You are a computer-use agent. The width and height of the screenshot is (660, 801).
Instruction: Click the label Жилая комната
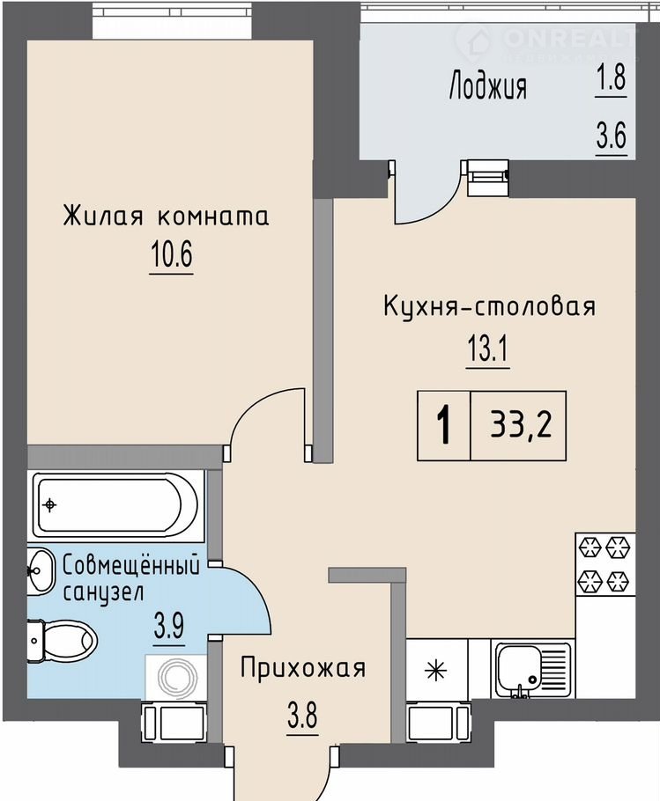[x=167, y=216]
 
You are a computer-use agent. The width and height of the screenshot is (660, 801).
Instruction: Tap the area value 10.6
[x=171, y=254]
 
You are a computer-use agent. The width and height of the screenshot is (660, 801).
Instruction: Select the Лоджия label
[x=487, y=86]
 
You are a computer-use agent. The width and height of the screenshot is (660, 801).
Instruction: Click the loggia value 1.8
[x=611, y=77]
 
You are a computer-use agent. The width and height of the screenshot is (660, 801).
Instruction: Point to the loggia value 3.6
[x=611, y=135]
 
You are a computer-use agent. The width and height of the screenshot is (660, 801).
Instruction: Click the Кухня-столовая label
[x=489, y=307]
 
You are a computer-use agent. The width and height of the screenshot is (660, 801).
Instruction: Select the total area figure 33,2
[x=521, y=425]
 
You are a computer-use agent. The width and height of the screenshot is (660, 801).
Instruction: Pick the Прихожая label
[x=303, y=668]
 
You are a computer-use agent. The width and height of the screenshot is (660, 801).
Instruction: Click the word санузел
[x=103, y=592]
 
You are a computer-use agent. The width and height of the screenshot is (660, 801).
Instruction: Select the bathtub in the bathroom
[x=115, y=505]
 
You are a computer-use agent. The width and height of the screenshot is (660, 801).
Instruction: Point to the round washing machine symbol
[x=177, y=678]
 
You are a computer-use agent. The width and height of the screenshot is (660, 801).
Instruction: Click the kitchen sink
[x=531, y=669]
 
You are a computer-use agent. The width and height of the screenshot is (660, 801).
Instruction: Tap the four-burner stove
[x=605, y=564]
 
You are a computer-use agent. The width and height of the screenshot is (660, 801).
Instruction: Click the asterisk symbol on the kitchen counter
[x=436, y=669]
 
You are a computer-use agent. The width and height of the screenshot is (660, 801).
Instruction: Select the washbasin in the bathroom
[x=40, y=570]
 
